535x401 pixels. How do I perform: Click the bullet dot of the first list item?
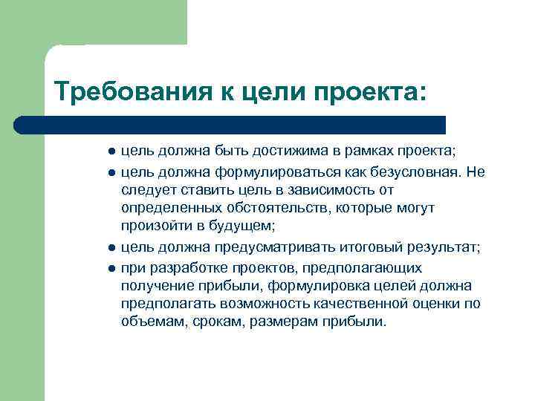[x=111, y=151]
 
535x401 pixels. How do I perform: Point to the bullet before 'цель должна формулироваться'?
[x=111, y=173]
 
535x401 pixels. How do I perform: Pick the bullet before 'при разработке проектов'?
[x=111, y=268]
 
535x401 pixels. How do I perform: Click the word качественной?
[x=376, y=304]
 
